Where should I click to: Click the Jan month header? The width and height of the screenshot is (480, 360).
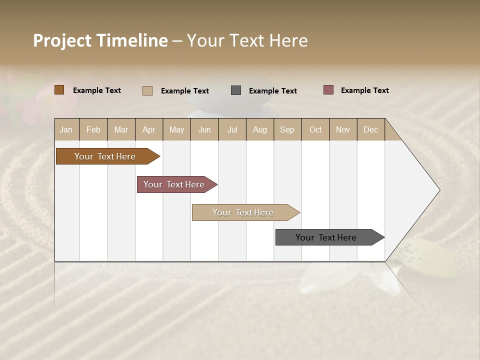tap(66, 129)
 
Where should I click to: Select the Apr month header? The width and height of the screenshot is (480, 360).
tap(148, 129)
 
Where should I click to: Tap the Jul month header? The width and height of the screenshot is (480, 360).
tap(232, 129)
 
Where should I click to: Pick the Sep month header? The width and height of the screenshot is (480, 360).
tap(287, 129)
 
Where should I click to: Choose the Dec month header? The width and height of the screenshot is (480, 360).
tap(370, 129)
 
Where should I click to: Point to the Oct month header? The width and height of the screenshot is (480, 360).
tap(315, 129)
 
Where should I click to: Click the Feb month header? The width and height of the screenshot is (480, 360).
tap(93, 129)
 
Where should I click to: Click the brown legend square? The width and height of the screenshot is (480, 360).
tap(59, 90)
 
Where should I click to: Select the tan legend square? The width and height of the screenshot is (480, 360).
tap(147, 90)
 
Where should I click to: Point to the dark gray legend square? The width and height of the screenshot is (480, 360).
tap(236, 90)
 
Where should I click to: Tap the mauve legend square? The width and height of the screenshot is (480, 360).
tap(328, 90)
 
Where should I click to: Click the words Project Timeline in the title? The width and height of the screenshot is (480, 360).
tap(100, 40)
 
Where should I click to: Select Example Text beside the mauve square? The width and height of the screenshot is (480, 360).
tap(364, 90)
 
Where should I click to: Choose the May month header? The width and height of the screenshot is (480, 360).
tap(176, 129)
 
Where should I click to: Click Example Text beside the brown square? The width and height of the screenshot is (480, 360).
tap(97, 90)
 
